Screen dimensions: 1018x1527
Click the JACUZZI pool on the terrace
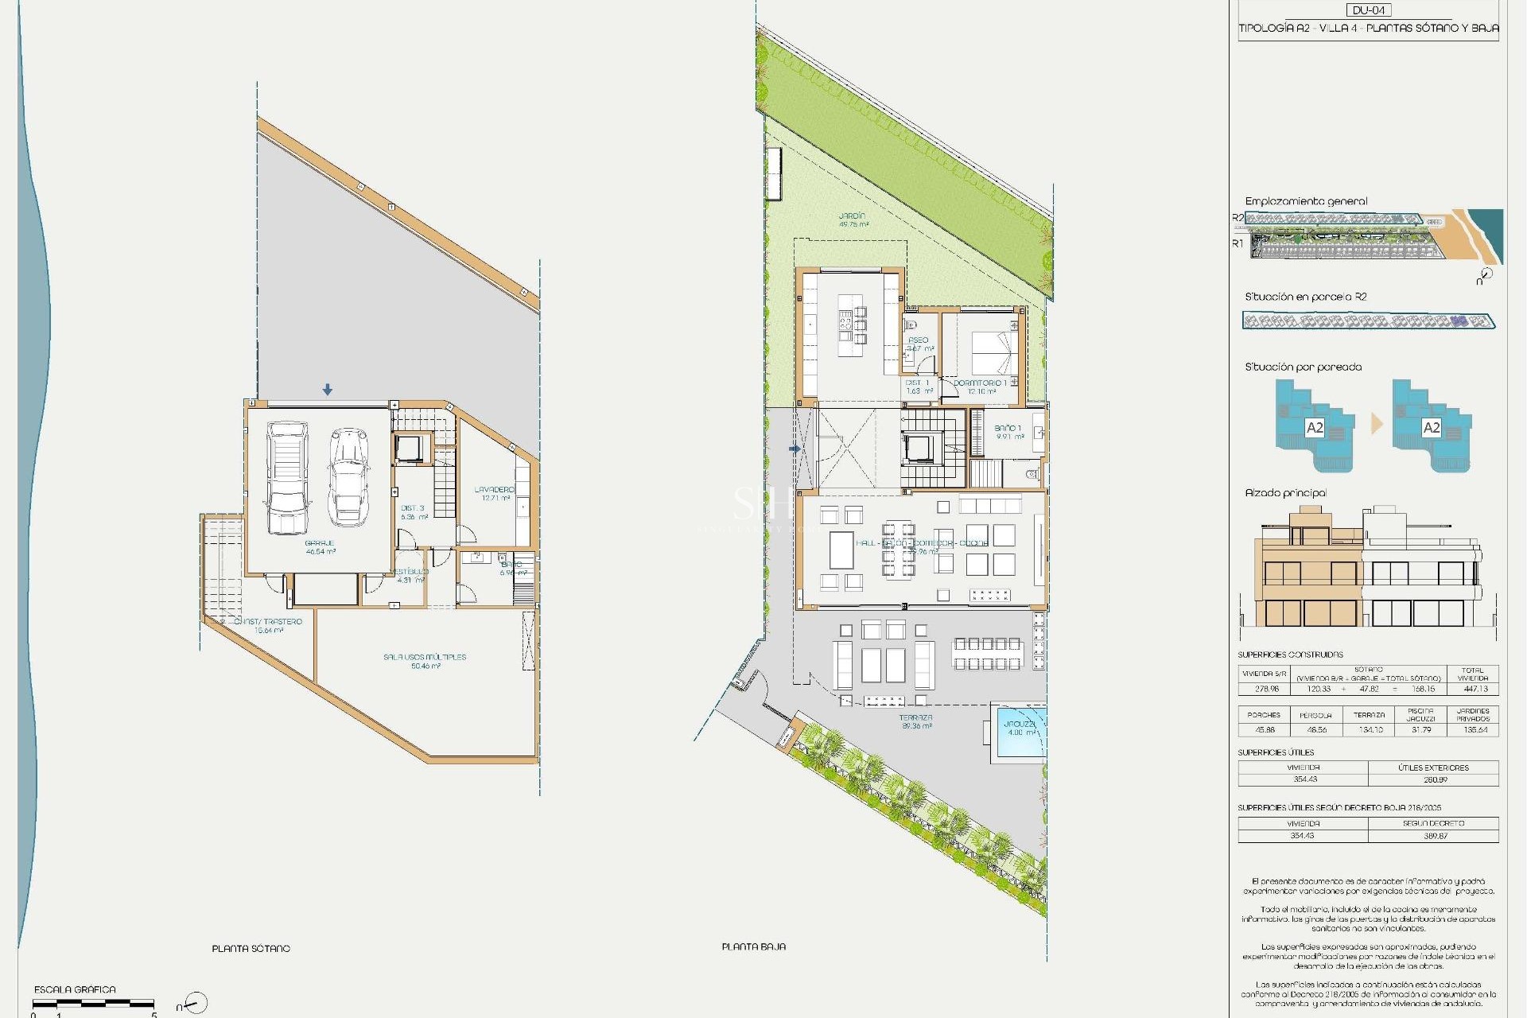pos(1018,732)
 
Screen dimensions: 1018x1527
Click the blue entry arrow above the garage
pos(328,390)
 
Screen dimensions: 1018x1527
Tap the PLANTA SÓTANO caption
pos(251,948)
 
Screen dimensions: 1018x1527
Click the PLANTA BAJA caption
pos(754,946)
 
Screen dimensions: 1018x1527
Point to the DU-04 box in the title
pos(1369,10)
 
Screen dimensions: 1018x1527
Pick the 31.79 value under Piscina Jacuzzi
pos(1420,729)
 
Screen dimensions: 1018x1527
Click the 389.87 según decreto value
pos(1435,836)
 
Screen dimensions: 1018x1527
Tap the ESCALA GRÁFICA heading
pos(75,989)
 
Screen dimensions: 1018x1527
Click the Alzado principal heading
pos(1286,493)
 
